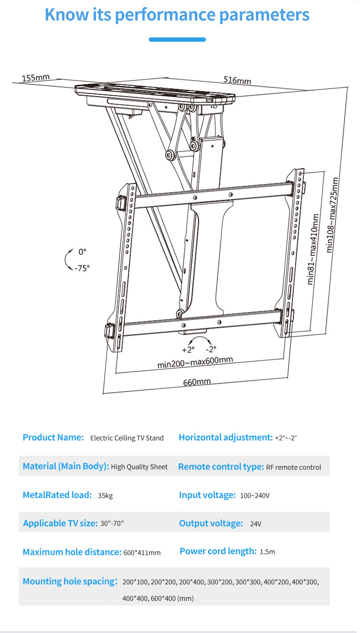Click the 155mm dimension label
pos(36,77)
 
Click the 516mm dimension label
pos(237,80)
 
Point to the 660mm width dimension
pos(197,382)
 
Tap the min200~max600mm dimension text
pos(195,362)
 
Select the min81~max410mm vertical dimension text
pos(313,250)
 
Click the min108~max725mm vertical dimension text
pos(332,215)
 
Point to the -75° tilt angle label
pos(82,268)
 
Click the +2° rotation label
pos(188,349)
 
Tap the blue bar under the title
pos(177,39)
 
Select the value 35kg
pos(105,495)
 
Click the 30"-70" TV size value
pos(112,524)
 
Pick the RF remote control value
pos(294,467)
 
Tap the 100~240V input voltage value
pos(255,495)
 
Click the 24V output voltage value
pos(255,524)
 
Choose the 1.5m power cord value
pos(267,552)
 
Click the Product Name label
pos(53,437)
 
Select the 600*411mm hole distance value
pos(142,552)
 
